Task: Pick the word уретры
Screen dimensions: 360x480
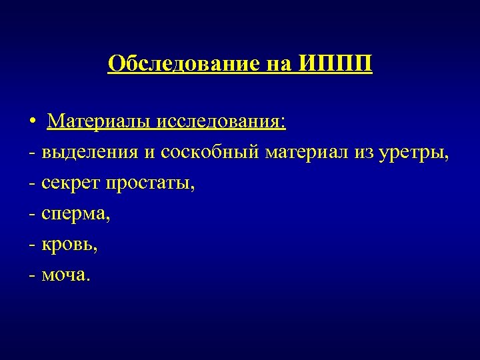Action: [414, 153]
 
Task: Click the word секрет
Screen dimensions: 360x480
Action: [69, 183]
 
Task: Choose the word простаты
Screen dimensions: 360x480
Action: [149, 183]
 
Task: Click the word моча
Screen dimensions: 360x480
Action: [64, 275]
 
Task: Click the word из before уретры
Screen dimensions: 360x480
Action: [365, 153]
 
